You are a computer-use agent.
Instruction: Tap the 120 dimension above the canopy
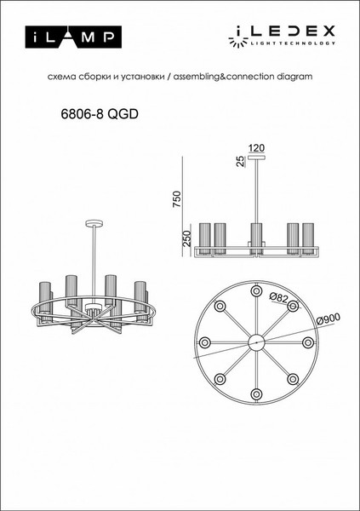click(255, 147)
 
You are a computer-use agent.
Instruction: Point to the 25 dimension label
click(241, 160)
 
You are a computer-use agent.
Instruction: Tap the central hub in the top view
click(255, 342)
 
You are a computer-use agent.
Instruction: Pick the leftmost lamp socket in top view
click(203, 342)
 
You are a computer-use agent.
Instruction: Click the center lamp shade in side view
click(255, 234)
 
